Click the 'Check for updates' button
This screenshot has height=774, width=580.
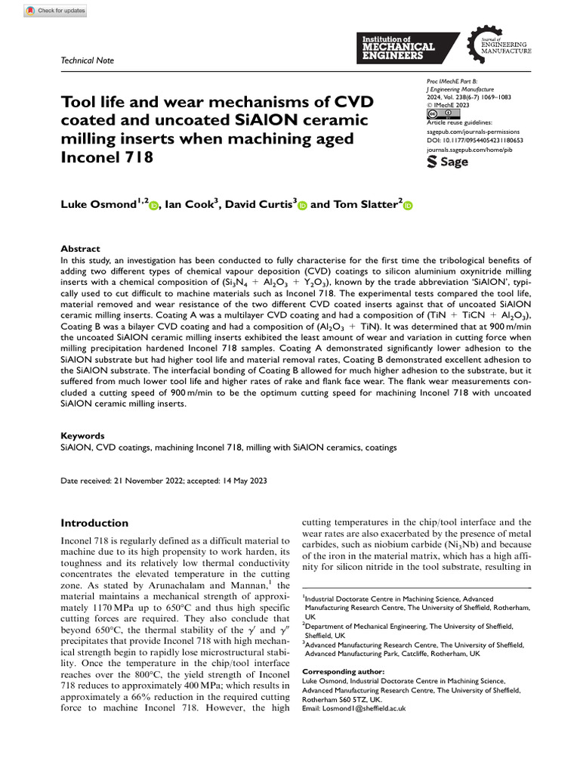[x=56, y=11]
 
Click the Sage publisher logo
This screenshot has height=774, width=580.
[x=448, y=162]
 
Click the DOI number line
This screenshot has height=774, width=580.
[x=475, y=141]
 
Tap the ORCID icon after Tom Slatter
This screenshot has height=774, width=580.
[x=408, y=205]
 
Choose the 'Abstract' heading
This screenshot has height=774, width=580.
[x=80, y=249]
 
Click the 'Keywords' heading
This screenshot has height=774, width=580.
[x=82, y=436]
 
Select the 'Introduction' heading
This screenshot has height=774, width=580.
[x=94, y=523]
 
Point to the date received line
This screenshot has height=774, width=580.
[x=163, y=481]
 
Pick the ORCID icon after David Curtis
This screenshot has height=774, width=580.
[x=302, y=205]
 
